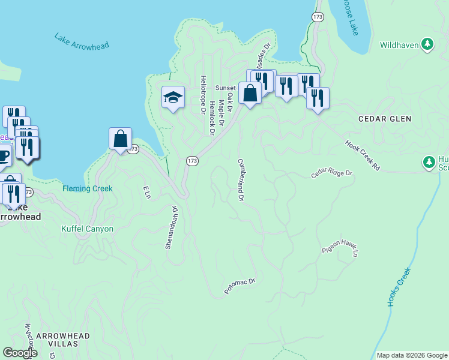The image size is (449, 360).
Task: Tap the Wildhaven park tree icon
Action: pyautogui.click(x=427, y=43)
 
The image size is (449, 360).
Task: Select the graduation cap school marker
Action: pyautogui.click(x=173, y=97)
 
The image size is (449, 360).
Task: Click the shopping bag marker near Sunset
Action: pyautogui.click(x=249, y=93)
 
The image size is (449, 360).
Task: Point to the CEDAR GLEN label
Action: pyautogui.click(x=385, y=119)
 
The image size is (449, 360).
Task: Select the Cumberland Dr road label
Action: pyautogui.click(x=241, y=179)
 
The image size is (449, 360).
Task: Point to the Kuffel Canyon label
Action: pyautogui.click(x=88, y=229)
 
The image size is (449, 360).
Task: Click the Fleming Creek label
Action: pyautogui.click(x=88, y=188)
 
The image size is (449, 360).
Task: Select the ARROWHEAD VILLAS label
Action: pyautogui.click(x=62, y=340)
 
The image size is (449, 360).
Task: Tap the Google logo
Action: pyautogui.click(x=20, y=353)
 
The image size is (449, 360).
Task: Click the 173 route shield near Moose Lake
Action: pyautogui.click(x=318, y=17)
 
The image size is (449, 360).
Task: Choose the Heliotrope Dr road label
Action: pyautogui.click(x=203, y=95)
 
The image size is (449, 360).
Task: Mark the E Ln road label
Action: pyautogui.click(x=145, y=192)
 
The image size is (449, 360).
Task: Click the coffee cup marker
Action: pyautogui.click(x=3, y=156)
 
